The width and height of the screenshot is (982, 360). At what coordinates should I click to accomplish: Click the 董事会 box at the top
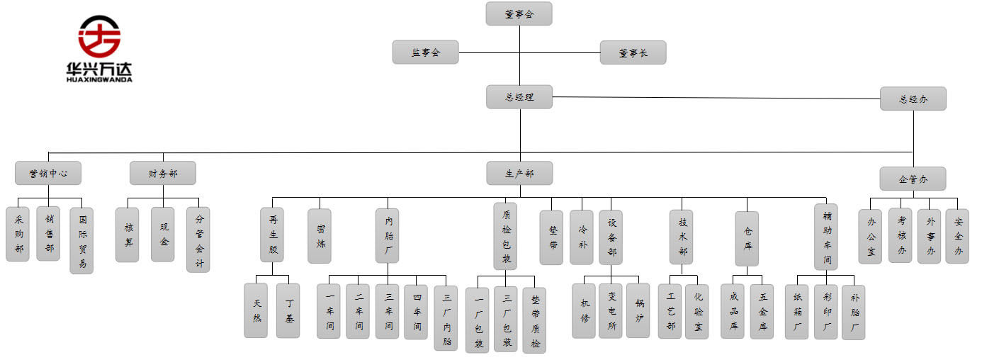(x=519, y=13)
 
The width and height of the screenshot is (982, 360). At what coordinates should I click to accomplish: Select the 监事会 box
(x=425, y=52)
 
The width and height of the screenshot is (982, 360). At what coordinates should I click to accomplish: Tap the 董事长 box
(x=633, y=52)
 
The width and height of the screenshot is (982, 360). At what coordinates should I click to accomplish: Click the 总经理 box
(x=519, y=97)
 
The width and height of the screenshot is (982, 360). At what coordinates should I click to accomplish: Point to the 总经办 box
(x=913, y=99)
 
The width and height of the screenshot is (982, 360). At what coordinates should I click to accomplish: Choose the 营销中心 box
(x=48, y=173)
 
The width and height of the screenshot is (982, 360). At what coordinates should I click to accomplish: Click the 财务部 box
(x=162, y=173)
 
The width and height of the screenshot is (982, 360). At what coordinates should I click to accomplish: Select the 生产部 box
(x=519, y=173)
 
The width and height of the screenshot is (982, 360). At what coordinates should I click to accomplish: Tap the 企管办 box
(x=913, y=179)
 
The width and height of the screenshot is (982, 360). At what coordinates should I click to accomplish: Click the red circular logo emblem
(x=99, y=36)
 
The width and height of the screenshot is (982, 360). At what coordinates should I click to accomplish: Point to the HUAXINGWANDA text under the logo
(x=99, y=79)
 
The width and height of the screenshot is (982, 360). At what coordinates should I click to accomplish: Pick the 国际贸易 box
(x=81, y=240)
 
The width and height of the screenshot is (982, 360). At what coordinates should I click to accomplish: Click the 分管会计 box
(x=198, y=240)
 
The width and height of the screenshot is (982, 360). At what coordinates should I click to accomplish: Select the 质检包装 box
(x=505, y=236)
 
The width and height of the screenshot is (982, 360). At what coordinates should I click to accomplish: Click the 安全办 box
(x=957, y=236)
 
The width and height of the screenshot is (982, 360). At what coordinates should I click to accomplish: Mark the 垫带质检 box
(x=534, y=320)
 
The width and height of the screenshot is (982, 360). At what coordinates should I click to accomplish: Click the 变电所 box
(x=611, y=311)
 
